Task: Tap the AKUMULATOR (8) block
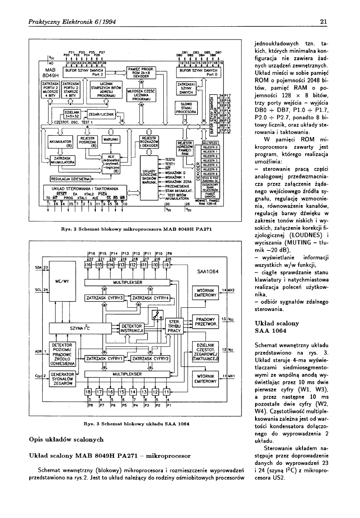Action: point(60,143)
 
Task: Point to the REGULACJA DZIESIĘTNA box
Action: point(70,179)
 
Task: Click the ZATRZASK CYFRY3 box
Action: point(105,298)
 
